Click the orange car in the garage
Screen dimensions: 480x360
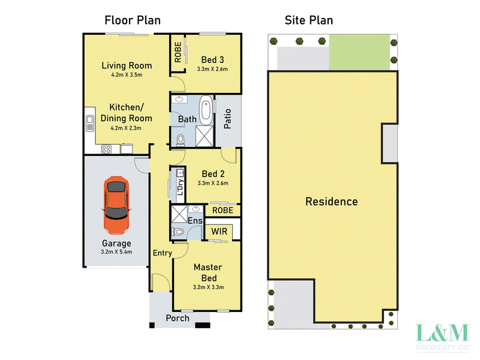[116, 205]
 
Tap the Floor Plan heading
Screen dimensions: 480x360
[133, 20]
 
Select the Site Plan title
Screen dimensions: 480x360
[308, 20]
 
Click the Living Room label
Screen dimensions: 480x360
[127, 65]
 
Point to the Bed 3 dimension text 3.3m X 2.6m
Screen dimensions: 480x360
[212, 69]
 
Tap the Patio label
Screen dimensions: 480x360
[227, 119]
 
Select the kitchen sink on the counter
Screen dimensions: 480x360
[89, 123]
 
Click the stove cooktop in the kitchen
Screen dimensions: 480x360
[106, 149]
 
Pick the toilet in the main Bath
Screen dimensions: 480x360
[181, 140]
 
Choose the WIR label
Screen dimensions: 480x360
[219, 232]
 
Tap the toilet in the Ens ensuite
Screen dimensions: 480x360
[178, 232]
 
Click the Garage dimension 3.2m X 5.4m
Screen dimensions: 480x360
[116, 252]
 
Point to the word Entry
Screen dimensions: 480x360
[162, 253]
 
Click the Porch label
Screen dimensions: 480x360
[178, 318]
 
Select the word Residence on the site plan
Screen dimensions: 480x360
[332, 202]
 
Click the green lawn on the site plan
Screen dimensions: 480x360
[359, 52]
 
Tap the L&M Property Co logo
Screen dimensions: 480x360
[442, 337]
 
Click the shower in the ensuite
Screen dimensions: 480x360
[179, 214]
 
